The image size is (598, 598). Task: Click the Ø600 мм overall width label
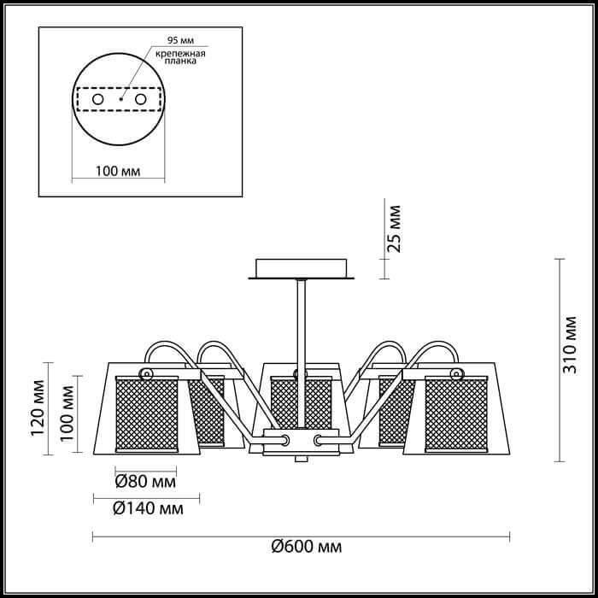point(307,547)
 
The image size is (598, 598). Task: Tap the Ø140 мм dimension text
point(148,508)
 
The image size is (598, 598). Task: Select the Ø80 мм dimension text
point(145,482)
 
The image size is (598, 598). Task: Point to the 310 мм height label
point(570,345)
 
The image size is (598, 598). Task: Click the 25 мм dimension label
point(394,229)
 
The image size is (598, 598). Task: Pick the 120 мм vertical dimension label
point(38,407)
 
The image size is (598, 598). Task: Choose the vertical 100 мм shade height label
point(67,413)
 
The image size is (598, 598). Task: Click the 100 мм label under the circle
point(118,171)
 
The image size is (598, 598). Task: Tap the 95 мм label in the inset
point(180,40)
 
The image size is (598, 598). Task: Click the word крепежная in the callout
point(180,53)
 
